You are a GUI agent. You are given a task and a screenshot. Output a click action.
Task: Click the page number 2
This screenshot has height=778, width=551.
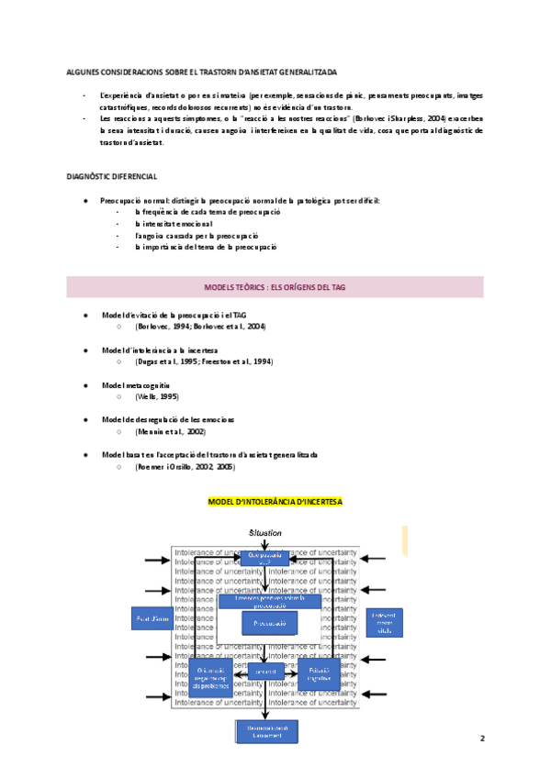click(x=481, y=738)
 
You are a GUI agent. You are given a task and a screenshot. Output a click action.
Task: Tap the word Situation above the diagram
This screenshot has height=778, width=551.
click(x=265, y=532)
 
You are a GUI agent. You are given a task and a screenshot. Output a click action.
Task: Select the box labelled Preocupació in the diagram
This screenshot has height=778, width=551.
click(x=270, y=623)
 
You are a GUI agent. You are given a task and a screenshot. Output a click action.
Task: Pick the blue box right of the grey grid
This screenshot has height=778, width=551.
click(x=384, y=621)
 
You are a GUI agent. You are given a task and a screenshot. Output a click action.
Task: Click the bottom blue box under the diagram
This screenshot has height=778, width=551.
click(x=265, y=731)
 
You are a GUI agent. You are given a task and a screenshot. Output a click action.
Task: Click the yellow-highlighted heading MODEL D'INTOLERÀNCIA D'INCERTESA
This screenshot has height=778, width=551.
click(x=275, y=502)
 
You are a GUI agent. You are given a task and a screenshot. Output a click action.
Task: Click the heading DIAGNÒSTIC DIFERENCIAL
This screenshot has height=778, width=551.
click(x=111, y=176)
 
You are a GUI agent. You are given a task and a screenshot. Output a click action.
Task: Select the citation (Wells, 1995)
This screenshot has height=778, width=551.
click(x=157, y=396)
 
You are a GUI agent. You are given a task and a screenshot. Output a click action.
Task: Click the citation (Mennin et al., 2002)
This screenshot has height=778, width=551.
click(x=170, y=431)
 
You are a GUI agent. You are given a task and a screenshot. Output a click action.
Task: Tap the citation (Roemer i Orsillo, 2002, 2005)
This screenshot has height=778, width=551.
click(x=185, y=466)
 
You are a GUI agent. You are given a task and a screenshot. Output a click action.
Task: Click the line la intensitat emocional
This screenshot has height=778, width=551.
click(x=174, y=223)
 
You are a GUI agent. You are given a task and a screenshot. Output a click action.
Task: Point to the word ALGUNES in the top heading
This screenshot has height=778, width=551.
click(x=84, y=71)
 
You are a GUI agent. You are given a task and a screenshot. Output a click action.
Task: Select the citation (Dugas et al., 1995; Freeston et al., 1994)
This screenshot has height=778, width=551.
click(x=203, y=361)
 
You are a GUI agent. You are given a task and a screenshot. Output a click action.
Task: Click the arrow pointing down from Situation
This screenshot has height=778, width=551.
click(x=265, y=546)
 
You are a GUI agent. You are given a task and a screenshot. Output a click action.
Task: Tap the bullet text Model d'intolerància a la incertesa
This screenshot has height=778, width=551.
click(x=159, y=350)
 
